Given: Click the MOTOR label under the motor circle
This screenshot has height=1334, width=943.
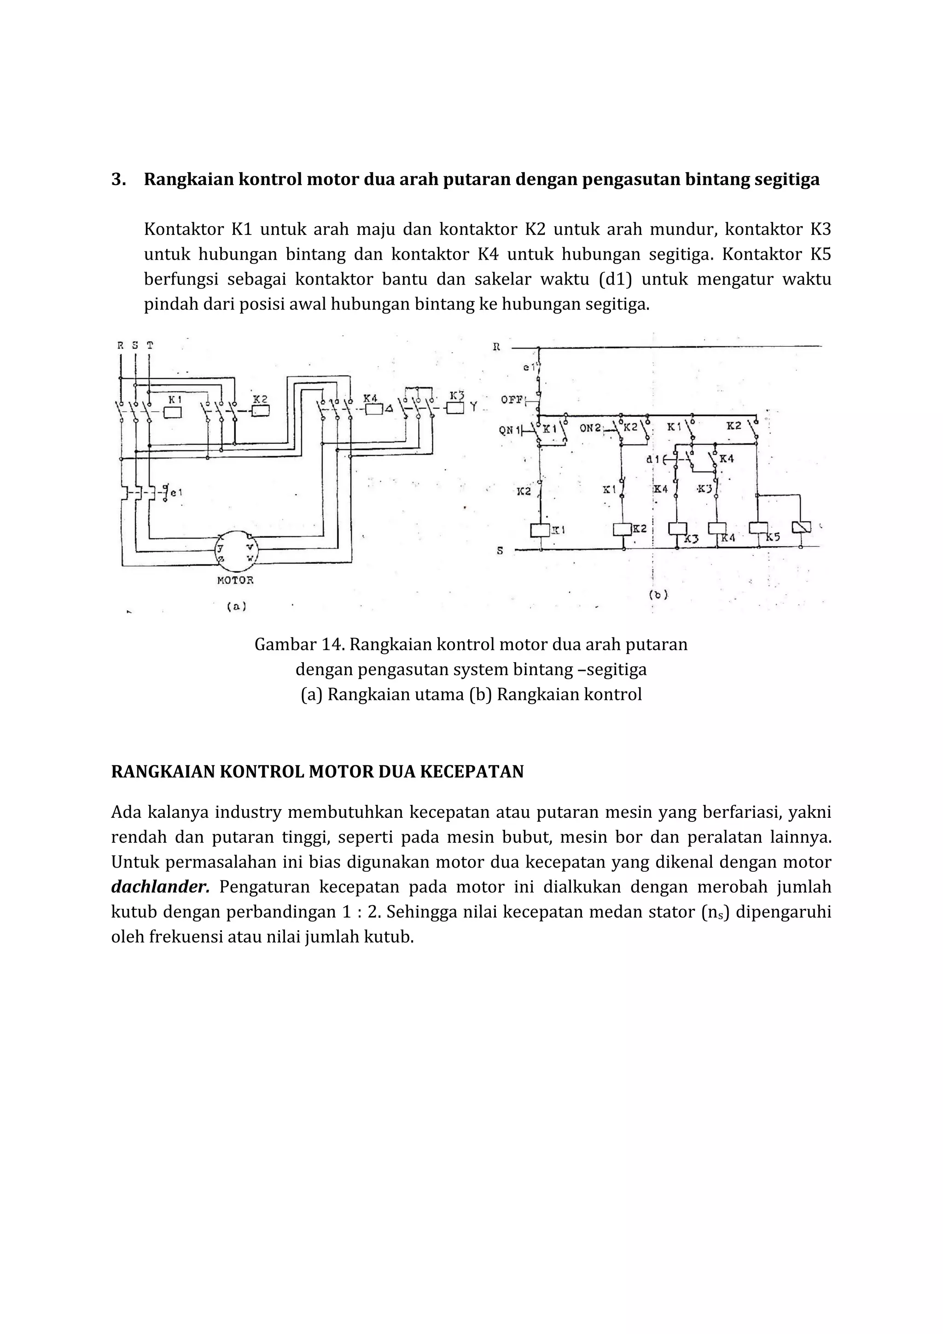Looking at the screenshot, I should pos(235,580).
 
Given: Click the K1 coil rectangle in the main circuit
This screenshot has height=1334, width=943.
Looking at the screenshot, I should pos(172,413).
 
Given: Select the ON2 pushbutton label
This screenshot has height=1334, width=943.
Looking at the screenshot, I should pos(590,428).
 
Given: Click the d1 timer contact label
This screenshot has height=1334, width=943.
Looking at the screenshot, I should pos(653,459).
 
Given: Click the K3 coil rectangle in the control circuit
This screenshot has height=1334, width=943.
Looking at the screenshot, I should pos(677,529).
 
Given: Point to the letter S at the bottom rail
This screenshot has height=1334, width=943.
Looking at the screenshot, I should pos(500,550).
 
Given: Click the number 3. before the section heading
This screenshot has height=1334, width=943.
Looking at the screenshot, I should pos(118,180).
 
